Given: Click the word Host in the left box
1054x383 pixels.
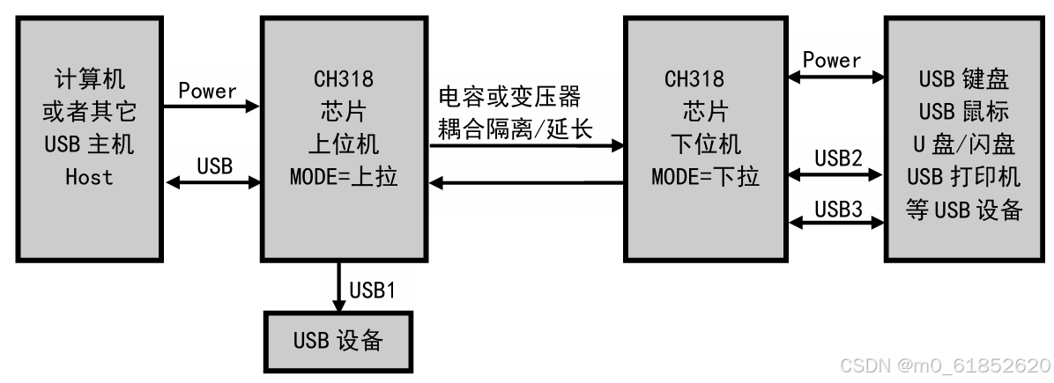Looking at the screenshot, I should click(x=89, y=176).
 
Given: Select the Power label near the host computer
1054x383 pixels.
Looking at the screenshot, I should click(x=208, y=91).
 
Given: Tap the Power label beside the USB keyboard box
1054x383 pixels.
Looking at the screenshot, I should click(x=832, y=60).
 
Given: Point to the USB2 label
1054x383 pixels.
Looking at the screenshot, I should click(x=838, y=158).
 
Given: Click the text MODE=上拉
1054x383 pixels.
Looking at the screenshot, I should click(x=344, y=176).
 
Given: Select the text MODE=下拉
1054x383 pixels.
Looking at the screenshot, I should click(x=705, y=176).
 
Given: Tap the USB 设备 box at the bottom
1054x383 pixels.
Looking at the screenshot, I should click(x=338, y=341).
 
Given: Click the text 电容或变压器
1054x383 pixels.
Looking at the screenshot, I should click(x=510, y=96).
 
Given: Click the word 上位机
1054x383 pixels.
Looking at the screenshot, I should click(x=344, y=144).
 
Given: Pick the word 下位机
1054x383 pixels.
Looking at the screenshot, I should click(x=705, y=144).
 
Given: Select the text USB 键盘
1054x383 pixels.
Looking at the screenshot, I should click(x=963, y=79).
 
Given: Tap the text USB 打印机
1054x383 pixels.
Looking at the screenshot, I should click(x=963, y=176).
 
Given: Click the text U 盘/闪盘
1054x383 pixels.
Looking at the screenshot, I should click(x=963, y=144).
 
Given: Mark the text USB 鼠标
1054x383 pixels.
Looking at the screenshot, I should click(x=963, y=112).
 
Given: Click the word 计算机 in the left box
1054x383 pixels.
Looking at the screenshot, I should click(x=89, y=79).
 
